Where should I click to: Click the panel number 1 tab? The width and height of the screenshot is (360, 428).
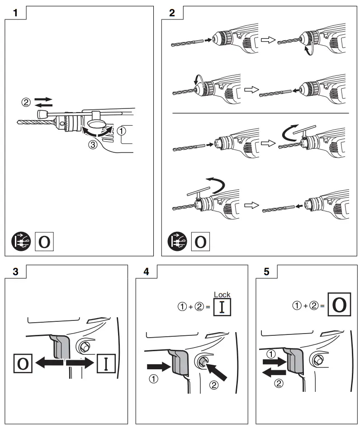(x=15, y=13)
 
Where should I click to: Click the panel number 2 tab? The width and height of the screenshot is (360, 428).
(x=172, y=13)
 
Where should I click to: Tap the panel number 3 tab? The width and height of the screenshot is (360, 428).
(x=15, y=272)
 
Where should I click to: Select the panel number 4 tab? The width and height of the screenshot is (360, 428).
(x=146, y=272)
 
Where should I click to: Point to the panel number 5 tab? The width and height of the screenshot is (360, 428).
(x=266, y=272)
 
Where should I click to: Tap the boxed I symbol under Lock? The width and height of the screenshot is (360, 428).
(x=222, y=307)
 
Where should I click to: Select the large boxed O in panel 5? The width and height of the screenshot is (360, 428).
(x=339, y=306)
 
